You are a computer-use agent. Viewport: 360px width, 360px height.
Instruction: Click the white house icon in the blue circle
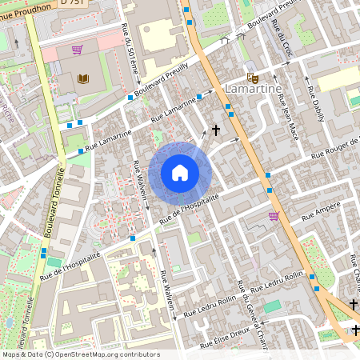[180, 172]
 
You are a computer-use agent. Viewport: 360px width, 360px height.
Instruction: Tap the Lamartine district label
[253, 89]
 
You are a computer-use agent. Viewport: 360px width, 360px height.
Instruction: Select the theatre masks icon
[253, 78]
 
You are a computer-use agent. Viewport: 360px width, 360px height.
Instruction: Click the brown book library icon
[83, 78]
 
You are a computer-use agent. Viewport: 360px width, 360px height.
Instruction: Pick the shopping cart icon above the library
[77, 50]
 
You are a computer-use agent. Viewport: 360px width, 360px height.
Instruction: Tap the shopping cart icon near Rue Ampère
[274, 216]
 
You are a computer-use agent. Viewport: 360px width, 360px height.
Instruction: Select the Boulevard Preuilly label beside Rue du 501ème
[165, 80]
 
